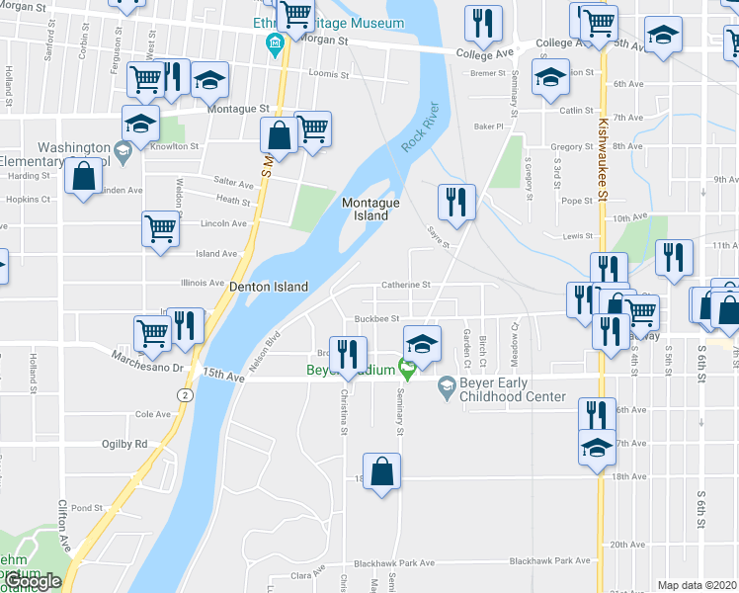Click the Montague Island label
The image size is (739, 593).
(370, 209)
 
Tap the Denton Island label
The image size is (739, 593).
(269, 287)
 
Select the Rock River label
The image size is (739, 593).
(419, 128)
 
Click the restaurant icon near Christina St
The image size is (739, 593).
(347, 354)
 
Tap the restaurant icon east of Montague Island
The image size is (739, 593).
(456, 202)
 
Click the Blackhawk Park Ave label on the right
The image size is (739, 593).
(549, 560)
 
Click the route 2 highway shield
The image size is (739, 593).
(184, 393)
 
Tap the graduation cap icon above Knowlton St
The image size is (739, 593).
(141, 123)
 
